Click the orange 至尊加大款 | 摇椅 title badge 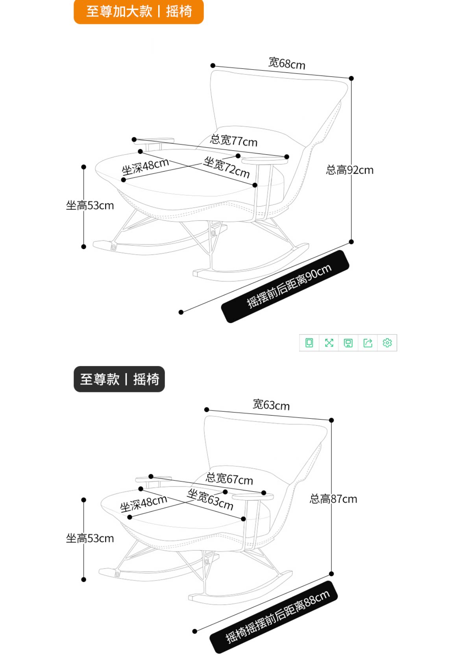click(139, 12)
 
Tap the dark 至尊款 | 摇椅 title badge click(119, 379)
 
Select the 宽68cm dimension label click(287, 63)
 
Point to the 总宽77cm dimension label click(233, 140)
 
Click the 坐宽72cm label click(226, 167)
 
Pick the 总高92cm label click(349, 170)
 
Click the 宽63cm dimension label click(271, 405)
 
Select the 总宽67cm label click(229, 479)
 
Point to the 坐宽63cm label click(210, 499)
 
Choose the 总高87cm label click(333, 499)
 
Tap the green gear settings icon click(387, 343)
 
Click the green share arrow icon click(368, 343)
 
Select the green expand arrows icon click(329, 343)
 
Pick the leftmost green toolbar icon click(309, 343)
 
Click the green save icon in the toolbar click(348, 343)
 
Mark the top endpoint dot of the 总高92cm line click(351, 78)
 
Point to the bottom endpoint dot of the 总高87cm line click(331, 574)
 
